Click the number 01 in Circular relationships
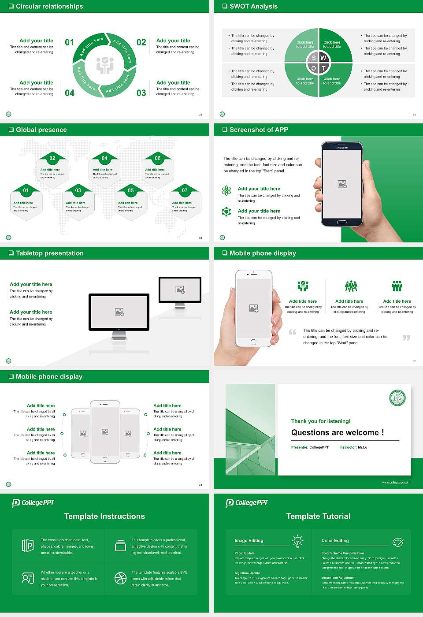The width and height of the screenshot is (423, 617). click(70, 42)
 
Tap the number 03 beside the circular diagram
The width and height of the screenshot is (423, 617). click(141, 93)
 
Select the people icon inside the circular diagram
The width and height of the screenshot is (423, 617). click(105, 65)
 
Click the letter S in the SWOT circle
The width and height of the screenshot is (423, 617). click(314, 58)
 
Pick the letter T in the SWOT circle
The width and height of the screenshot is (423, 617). click(323, 68)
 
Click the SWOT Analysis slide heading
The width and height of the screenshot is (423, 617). click(253, 6)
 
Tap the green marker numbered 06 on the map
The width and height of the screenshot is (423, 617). click(158, 158)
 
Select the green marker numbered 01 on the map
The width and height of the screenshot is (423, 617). click(26, 190)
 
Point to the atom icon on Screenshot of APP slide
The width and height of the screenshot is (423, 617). click(226, 190)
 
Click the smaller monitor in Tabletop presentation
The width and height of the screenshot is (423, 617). click(180, 290)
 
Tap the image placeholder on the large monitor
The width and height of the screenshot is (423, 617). click(119, 312)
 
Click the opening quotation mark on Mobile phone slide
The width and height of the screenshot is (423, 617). click(293, 332)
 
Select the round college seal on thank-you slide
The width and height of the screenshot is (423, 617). click(397, 398)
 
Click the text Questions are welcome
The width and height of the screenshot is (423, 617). click(337, 432)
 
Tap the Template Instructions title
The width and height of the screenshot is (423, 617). click(104, 516)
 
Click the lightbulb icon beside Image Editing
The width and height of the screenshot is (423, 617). click(297, 541)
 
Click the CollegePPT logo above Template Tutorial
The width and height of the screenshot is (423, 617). click(247, 503)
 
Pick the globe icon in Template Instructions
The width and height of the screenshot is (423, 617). click(120, 578)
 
